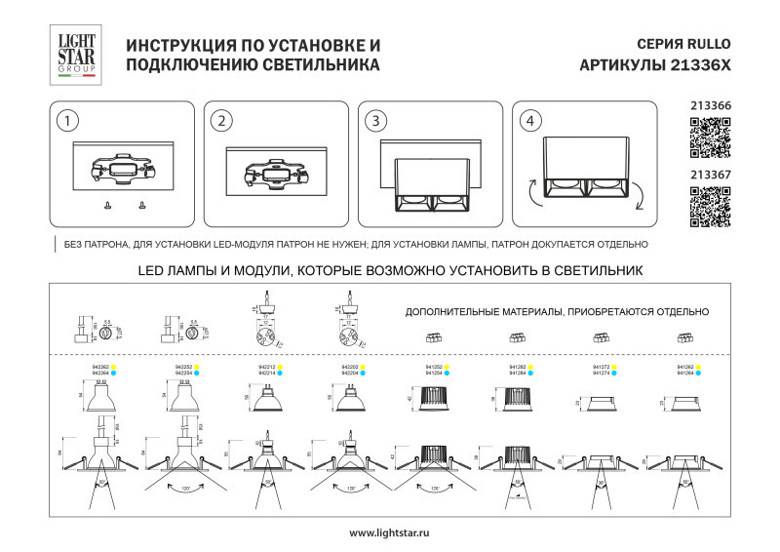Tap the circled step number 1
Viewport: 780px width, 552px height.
point(66,121)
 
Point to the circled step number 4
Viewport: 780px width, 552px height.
point(529,121)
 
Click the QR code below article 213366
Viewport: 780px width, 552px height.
point(710,138)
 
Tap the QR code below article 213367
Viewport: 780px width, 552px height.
point(710,207)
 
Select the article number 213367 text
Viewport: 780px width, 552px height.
point(710,175)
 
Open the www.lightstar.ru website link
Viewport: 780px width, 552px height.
point(389,532)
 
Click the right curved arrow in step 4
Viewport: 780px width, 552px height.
point(639,200)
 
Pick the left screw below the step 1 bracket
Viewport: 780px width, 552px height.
point(106,205)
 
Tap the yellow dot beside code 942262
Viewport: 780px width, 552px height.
point(114,368)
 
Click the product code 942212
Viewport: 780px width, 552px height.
point(264,368)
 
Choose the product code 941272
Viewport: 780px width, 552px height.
point(602,368)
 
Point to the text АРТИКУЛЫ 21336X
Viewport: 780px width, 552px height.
point(654,65)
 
